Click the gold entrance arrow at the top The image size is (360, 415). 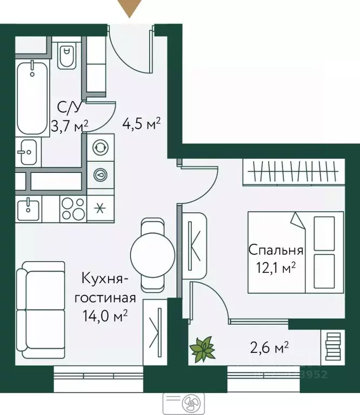tap(130, 8)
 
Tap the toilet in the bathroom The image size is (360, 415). tap(66, 57)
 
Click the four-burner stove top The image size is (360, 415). tap(73, 208)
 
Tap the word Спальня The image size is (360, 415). tap(276, 250)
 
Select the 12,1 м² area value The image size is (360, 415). tap(275, 267)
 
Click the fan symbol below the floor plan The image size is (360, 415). tap(190, 403)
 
